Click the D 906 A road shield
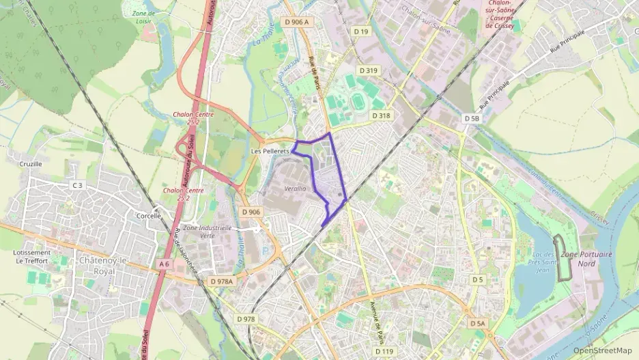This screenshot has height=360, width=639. pyautogui.click(x=296, y=22)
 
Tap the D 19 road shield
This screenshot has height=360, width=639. pyautogui.click(x=361, y=31)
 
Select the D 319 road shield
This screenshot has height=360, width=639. pyautogui.click(x=367, y=70)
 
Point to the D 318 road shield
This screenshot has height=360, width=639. pyautogui.click(x=381, y=116)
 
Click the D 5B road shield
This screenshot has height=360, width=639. pyautogui.click(x=472, y=118)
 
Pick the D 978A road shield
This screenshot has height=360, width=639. pyautogui.click(x=222, y=281)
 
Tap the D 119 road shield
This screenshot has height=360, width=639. pyautogui.click(x=385, y=351)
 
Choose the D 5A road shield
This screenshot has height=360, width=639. pyautogui.click(x=478, y=323)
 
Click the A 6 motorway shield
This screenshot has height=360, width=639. pyautogui.click(x=163, y=264)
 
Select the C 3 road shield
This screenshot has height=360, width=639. pyautogui.click(x=77, y=185)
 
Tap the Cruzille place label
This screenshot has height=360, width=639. pyautogui.click(x=31, y=164)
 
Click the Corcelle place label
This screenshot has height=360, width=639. pyautogui.click(x=148, y=216)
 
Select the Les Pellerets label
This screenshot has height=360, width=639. pyautogui.click(x=271, y=150)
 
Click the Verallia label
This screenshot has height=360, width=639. pyautogui.click(x=295, y=188)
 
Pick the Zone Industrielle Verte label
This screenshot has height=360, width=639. pyautogui.click(x=208, y=231)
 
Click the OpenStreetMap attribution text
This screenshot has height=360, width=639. pyautogui.click(x=602, y=350)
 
